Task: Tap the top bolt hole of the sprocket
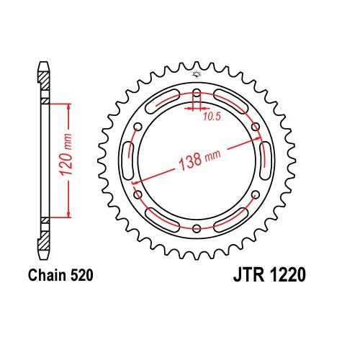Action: [x=197, y=91]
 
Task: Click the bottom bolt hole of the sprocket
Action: [x=197, y=230]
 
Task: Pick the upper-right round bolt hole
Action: [x=256, y=127]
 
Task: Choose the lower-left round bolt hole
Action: [x=137, y=195]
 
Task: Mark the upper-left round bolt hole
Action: [x=137, y=127]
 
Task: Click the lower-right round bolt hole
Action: [x=256, y=195]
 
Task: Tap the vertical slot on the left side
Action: [x=129, y=161]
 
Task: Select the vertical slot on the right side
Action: [x=264, y=161]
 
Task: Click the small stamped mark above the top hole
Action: [x=197, y=76]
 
